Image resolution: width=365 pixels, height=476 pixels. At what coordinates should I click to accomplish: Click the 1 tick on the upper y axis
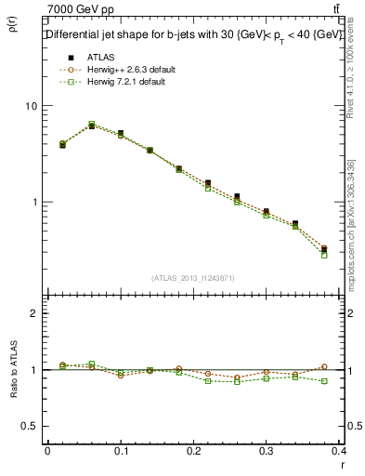coord(37,202)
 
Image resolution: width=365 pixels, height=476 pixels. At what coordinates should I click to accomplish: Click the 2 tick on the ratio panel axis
coord(37,314)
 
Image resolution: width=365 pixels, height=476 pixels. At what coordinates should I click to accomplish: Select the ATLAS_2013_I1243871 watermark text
coord(194,278)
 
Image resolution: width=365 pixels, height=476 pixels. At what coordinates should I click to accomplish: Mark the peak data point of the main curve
coord(91,125)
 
